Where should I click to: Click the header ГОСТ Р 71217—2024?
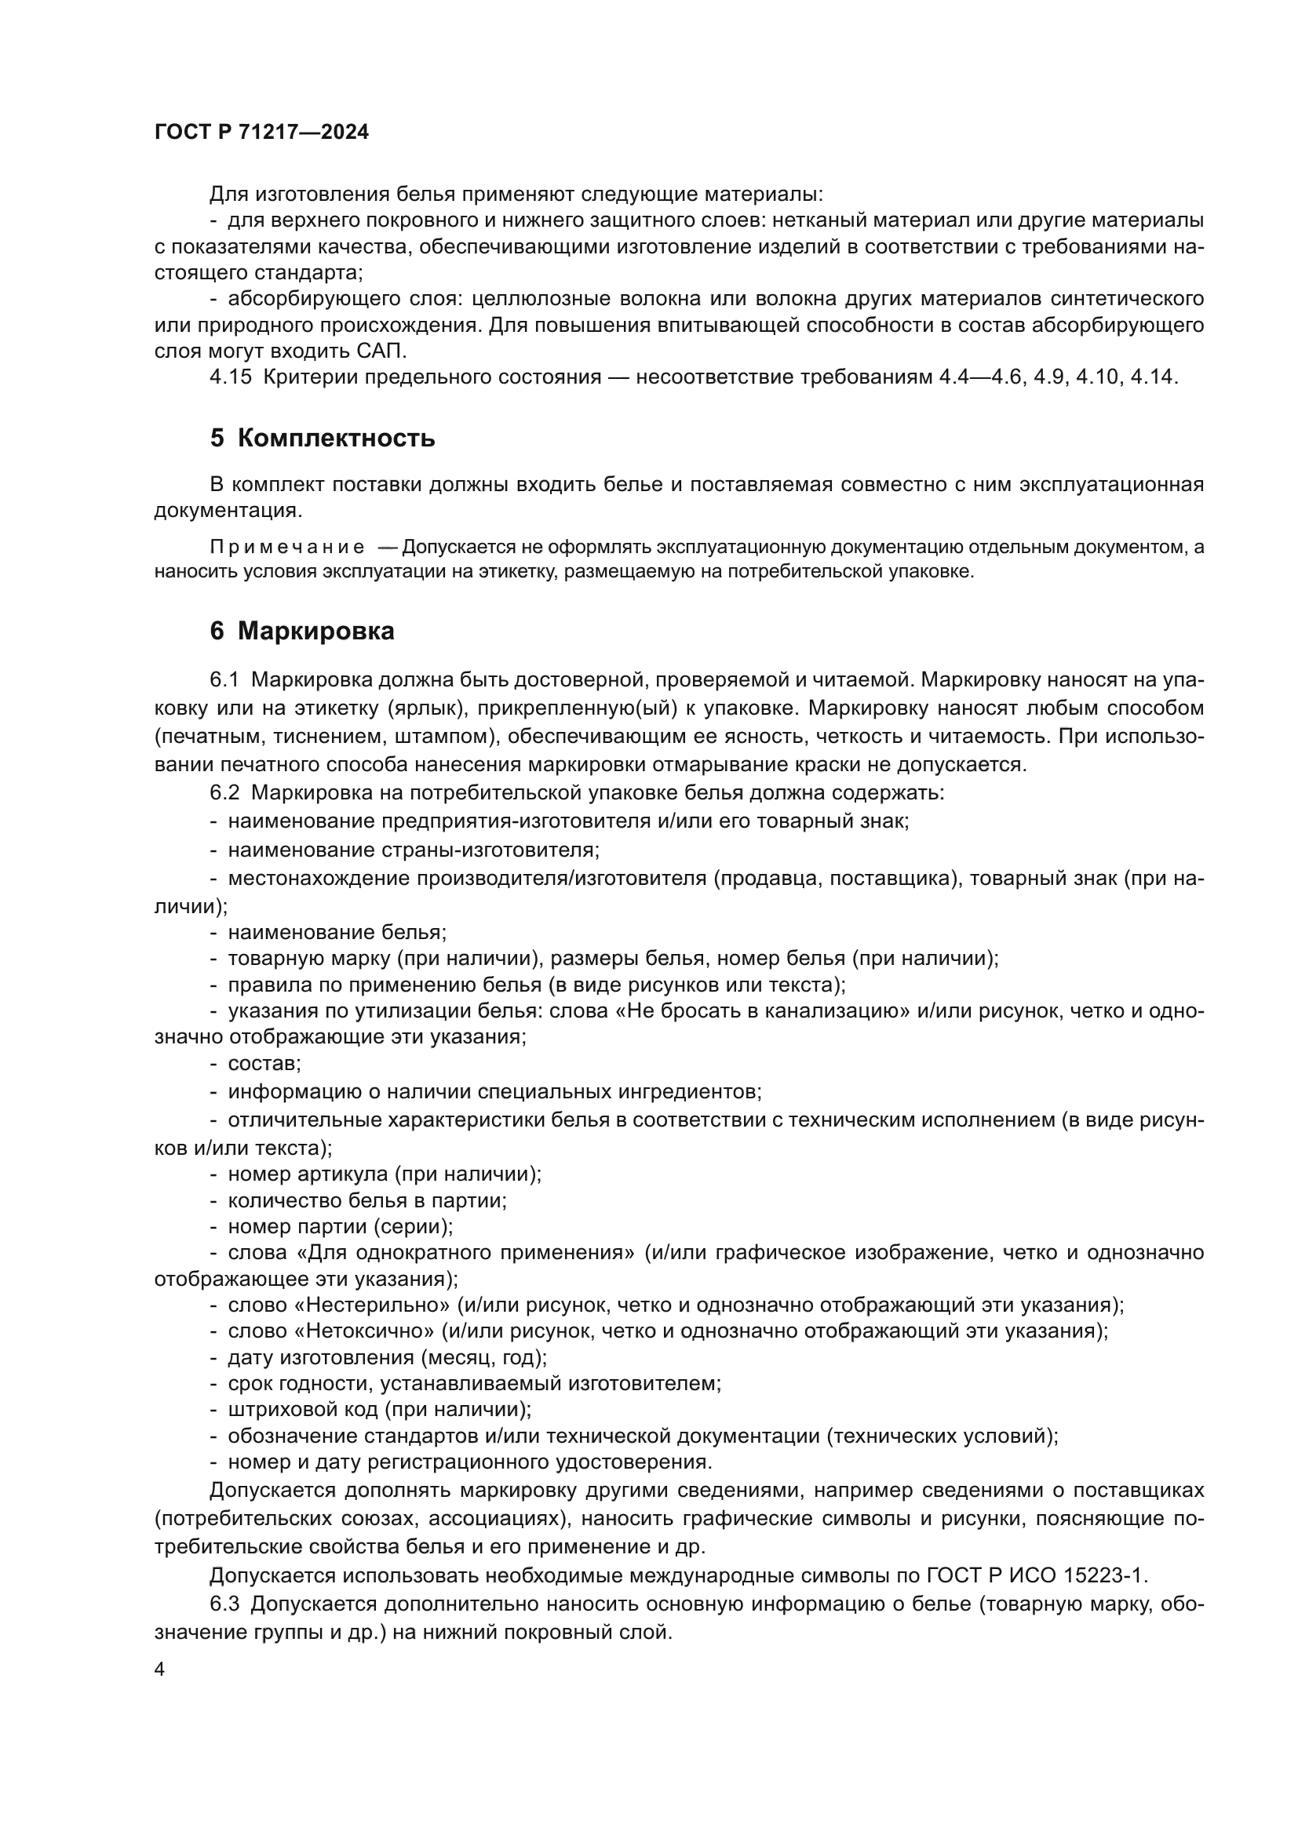[x=261, y=133]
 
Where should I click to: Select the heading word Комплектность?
[x=336, y=439]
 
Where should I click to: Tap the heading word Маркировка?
[x=315, y=632]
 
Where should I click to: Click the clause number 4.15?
[x=230, y=377]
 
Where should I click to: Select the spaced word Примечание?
[x=287, y=548]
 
